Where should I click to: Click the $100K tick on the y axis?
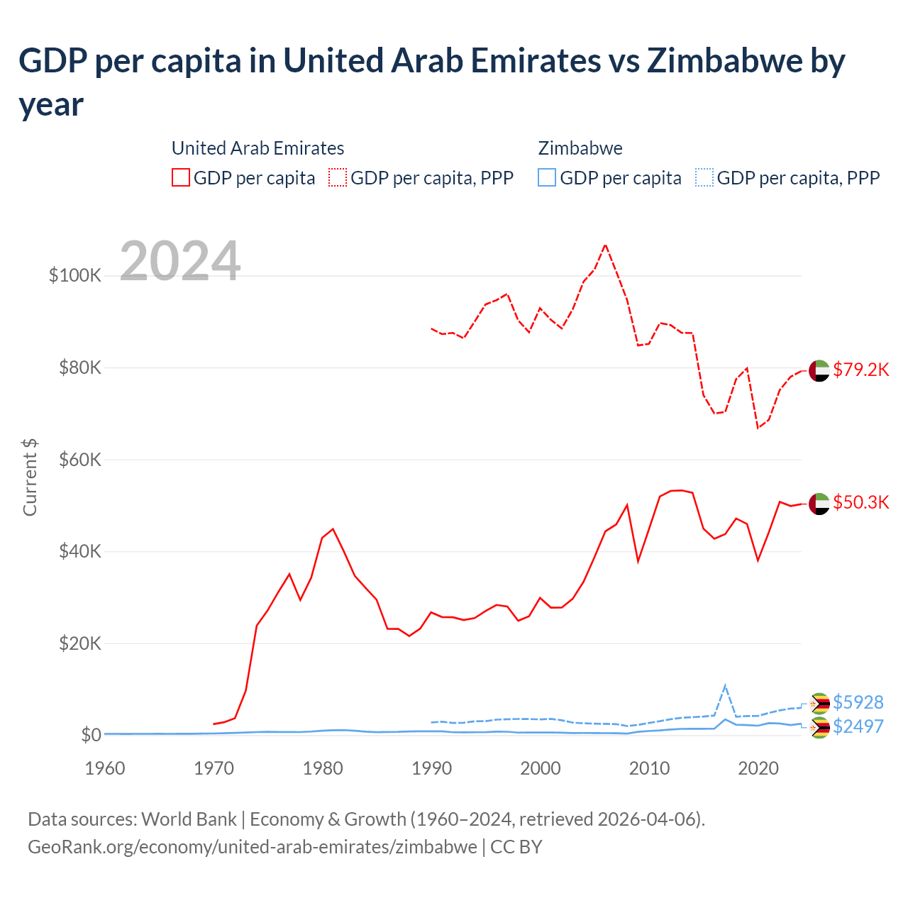click(x=74, y=275)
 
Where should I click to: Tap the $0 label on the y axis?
click(x=91, y=735)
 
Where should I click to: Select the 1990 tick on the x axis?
click(x=431, y=768)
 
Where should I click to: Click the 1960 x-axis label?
click(x=105, y=768)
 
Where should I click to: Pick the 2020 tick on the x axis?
click(x=758, y=768)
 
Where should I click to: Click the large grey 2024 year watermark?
click(x=180, y=261)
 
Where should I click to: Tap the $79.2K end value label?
click(x=860, y=370)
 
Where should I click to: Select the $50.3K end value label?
click(x=860, y=502)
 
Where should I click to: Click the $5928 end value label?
click(x=858, y=702)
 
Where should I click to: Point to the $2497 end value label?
click(x=858, y=726)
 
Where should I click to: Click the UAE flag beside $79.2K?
click(x=819, y=370)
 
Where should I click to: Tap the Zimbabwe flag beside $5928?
click(x=820, y=703)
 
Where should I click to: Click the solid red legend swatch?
click(x=181, y=177)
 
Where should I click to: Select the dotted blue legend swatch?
click(x=704, y=177)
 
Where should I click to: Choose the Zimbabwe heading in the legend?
click(x=580, y=148)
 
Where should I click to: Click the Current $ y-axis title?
click(x=30, y=477)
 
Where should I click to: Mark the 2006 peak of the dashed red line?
click(x=605, y=245)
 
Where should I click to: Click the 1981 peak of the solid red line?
click(x=333, y=528)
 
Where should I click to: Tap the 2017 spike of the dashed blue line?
click(x=725, y=685)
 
